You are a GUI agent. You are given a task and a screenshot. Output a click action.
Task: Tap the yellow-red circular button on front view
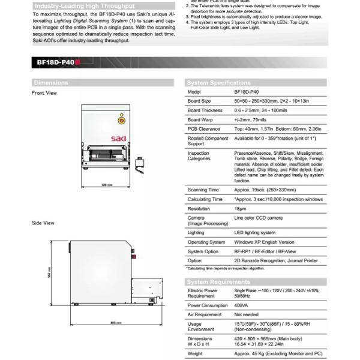coord(121,119)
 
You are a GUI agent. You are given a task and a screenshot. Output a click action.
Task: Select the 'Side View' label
coord(43,223)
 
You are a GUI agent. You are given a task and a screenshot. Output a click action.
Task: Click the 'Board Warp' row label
coord(200,119)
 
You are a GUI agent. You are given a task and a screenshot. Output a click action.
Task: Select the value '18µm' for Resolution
coord(239,208)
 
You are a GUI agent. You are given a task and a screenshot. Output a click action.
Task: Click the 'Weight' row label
coord(195,353)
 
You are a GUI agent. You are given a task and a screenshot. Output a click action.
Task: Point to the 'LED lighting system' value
coord(254,232)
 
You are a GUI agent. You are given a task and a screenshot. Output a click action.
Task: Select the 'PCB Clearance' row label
coord(203,128)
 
